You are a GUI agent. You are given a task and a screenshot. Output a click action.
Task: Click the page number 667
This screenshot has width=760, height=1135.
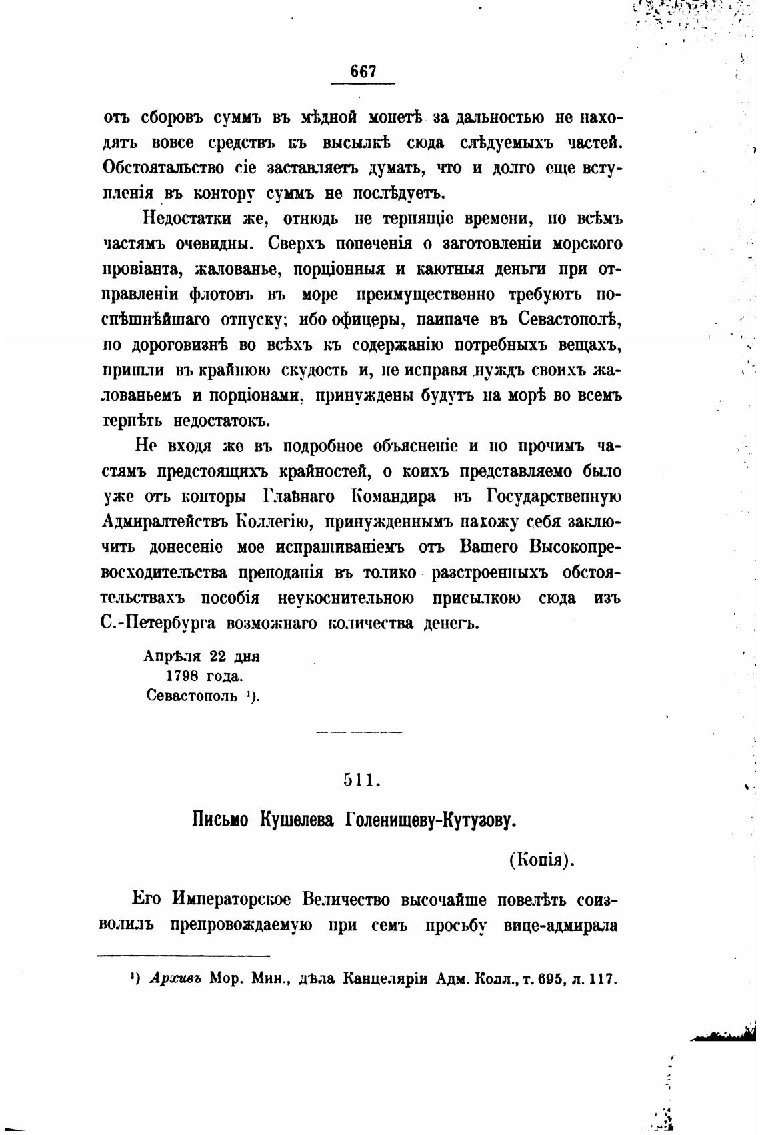tap(363, 71)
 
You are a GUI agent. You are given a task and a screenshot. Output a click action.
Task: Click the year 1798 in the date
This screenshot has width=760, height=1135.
tap(175, 676)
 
